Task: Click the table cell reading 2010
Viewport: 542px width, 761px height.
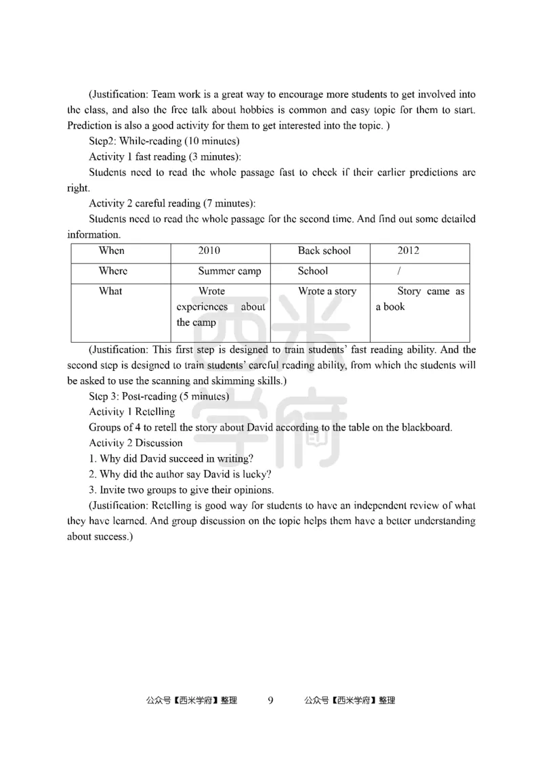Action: pos(209,251)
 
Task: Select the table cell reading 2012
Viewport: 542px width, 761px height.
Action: pos(408,251)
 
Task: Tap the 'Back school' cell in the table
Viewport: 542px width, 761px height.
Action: pos(324,251)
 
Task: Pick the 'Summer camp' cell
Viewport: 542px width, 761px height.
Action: pos(229,271)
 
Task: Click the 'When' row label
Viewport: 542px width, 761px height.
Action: pos(112,251)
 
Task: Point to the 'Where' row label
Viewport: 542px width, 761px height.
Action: pos(113,271)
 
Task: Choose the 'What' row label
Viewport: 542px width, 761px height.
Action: pos(110,292)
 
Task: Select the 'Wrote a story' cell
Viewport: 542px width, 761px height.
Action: pos(327,292)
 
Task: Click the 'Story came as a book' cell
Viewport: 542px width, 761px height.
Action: pos(420,299)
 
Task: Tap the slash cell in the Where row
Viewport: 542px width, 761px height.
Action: pos(400,271)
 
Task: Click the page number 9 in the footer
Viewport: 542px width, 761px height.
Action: pos(271,701)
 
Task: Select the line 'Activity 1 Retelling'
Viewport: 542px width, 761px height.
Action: pos(132,412)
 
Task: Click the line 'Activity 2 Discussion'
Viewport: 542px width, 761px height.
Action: pos(135,443)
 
